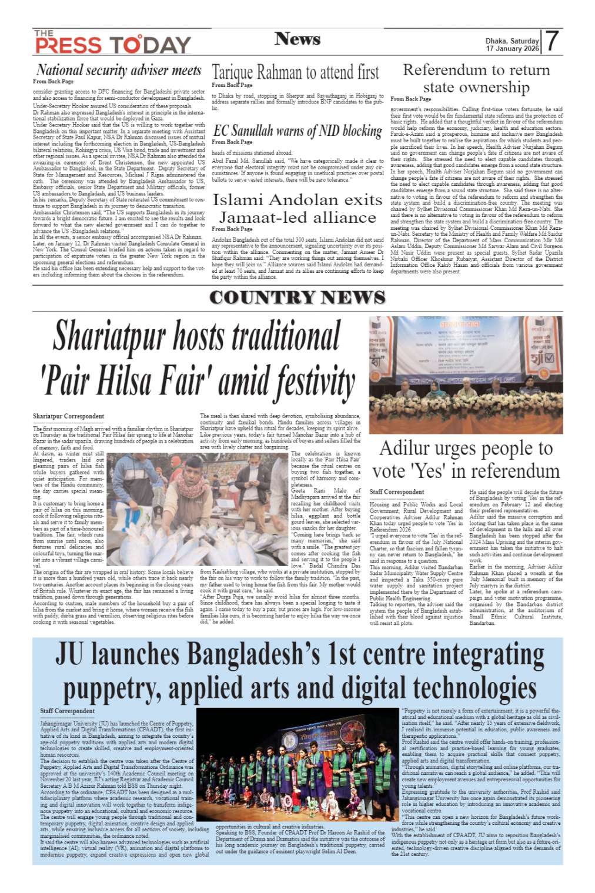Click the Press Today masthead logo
pos(112,43)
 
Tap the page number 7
pos(551,42)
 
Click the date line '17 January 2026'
pos(512,49)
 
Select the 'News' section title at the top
pos(297,39)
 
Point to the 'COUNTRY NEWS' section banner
pos(297,297)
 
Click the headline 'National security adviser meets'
pos(119,70)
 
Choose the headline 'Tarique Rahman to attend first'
pos(296,72)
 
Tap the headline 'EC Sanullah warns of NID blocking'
pos(297,131)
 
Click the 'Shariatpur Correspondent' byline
pos(68,416)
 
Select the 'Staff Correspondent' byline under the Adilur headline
pos(396,491)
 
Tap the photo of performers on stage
pos(298,765)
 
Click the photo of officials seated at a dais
pos(466,375)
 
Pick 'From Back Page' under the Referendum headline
pos(410,99)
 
